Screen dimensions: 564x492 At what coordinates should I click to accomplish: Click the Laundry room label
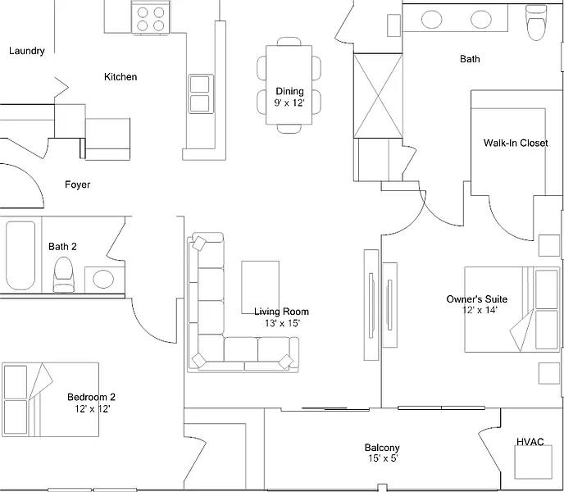(x=26, y=51)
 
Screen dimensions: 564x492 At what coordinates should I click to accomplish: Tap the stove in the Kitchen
(x=150, y=18)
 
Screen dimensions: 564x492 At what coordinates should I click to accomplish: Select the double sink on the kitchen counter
(x=199, y=93)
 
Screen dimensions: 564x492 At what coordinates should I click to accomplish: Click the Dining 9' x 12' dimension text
(x=289, y=103)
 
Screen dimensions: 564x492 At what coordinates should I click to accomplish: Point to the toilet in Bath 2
(x=63, y=274)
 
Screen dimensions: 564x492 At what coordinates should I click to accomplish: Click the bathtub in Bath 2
(x=20, y=256)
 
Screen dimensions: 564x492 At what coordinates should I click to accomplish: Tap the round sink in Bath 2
(x=103, y=280)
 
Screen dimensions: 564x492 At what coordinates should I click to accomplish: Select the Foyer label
(x=77, y=184)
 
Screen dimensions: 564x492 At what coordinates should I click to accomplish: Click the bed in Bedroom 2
(x=50, y=399)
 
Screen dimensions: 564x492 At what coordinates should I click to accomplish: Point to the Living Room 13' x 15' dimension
(x=282, y=323)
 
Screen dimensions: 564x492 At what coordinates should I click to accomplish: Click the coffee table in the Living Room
(x=261, y=287)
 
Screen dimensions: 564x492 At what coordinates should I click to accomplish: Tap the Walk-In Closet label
(x=516, y=143)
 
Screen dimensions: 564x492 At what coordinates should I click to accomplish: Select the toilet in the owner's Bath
(x=535, y=22)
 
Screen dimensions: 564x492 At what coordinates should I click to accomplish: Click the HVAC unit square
(x=533, y=462)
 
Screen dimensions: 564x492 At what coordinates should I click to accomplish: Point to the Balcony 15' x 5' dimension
(x=383, y=458)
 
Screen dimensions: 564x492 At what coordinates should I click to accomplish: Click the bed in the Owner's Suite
(x=512, y=309)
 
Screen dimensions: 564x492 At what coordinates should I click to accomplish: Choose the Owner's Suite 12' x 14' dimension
(x=480, y=310)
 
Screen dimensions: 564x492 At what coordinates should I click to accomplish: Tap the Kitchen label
(x=121, y=77)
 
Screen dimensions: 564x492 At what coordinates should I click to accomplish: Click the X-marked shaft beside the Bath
(x=378, y=96)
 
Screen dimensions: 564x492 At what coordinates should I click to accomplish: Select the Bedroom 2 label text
(x=91, y=398)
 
